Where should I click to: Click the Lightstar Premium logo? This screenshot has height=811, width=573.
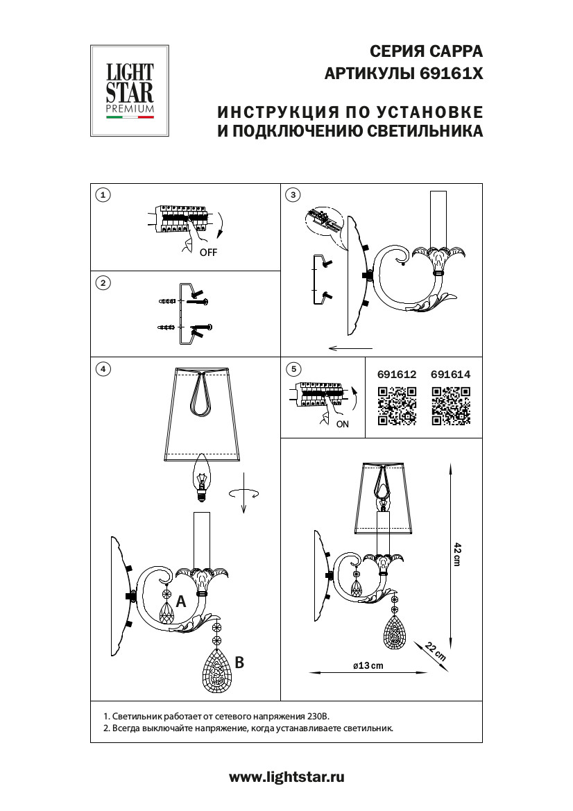(x=130, y=91)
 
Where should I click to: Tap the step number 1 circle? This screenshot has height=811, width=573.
(x=103, y=195)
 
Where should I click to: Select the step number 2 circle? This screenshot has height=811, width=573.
(x=103, y=282)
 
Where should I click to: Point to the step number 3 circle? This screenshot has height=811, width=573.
(x=293, y=195)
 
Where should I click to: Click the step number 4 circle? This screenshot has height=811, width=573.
(x=103, y=369)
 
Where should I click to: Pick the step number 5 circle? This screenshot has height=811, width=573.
(x=293, y=369)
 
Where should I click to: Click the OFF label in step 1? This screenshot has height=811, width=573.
(x=208, y=253)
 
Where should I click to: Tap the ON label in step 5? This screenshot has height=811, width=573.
(x=342, y=425)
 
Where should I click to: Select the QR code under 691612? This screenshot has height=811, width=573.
(x=397, y=406)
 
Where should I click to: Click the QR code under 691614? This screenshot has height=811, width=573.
(x=451, y=406)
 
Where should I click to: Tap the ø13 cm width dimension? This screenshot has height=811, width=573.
(x=368, y=666)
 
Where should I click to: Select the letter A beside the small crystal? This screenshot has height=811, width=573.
(x=181, y=602)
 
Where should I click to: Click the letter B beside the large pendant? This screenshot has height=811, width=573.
(x=239, y=663)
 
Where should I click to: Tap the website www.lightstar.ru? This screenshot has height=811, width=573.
(x=286, y=778)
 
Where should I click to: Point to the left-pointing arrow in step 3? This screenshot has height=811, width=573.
(x=350, y=348)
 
